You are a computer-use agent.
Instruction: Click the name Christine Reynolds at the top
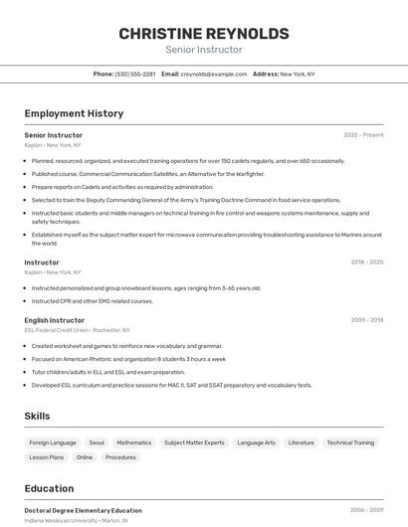point(204,34)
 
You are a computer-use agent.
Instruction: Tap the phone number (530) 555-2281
point(135,74)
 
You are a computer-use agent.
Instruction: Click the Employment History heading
point(74,113)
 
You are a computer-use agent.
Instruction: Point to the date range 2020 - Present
point(363,135)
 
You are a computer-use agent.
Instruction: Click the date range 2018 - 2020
point(366,263)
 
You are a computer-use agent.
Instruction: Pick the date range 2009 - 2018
point(366,320)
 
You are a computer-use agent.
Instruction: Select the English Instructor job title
point(54,320)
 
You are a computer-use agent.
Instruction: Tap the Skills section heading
point(37,416)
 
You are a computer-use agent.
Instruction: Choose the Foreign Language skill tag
point(53,442)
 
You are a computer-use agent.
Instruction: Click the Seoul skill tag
point(97,442)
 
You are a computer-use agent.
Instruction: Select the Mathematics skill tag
point(134,442)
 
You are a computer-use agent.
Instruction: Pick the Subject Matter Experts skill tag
point(194,442)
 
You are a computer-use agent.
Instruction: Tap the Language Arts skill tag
point(257,442)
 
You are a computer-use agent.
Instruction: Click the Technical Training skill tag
point(350,442)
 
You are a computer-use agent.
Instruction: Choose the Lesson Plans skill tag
point(47,457)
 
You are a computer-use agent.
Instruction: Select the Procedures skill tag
point(120,457)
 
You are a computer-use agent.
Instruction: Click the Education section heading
point(49,488)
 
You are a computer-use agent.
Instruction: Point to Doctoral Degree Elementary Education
point(84,510)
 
